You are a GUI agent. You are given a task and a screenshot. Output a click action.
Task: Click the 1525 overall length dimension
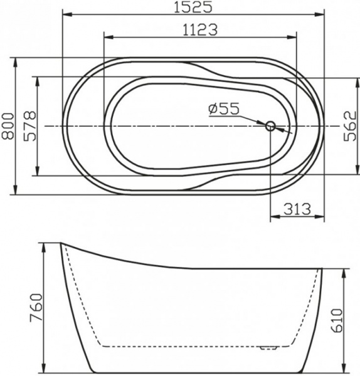(193, 7)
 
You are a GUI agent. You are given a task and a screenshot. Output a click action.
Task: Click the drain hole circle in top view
(271, 126)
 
